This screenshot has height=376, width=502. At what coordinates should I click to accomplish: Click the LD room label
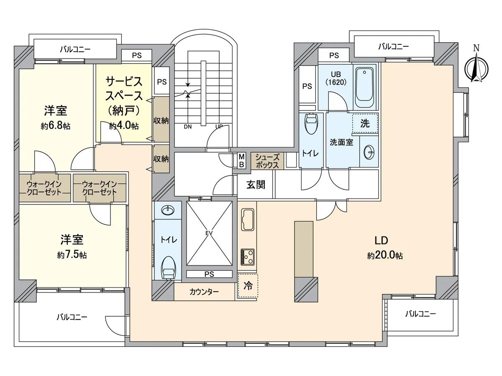382,241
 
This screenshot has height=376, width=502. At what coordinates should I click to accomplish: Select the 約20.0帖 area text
385,256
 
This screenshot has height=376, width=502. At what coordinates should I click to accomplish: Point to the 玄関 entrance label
255,184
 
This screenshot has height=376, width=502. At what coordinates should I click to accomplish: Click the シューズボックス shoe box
267,161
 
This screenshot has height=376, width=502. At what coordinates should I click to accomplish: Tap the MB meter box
241,160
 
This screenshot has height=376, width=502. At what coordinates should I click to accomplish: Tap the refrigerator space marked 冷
248,286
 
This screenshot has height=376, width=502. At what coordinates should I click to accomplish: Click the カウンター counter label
204,292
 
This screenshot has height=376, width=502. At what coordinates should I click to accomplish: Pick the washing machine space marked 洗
365,124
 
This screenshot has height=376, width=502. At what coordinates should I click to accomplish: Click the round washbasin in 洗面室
369,153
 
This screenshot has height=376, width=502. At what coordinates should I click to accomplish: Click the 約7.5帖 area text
72,255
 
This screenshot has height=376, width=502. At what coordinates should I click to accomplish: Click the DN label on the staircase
187,127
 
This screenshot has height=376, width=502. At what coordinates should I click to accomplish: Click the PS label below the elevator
209,274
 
